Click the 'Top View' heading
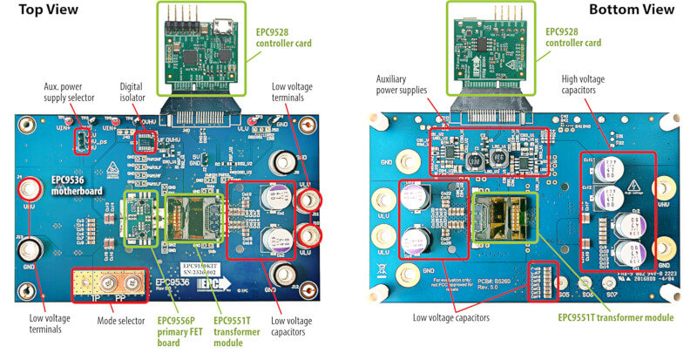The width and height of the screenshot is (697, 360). [x=49, y=10]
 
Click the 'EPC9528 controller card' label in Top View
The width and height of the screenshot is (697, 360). [x=282, y=37]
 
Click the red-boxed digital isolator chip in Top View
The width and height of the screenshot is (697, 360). [x=149, y=140]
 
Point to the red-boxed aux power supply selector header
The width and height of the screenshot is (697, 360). [x=79, y=139]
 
